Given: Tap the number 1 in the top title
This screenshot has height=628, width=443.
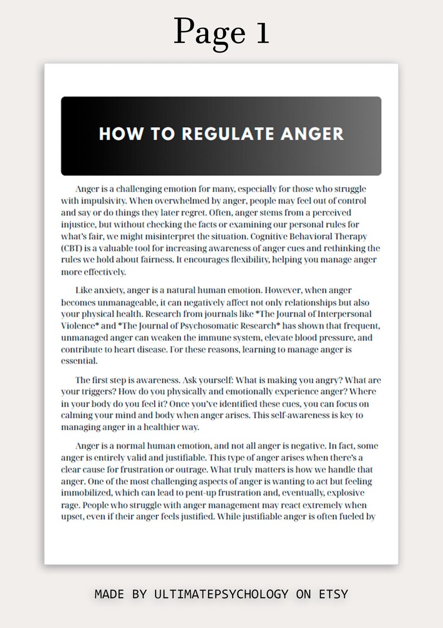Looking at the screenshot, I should (263, 32).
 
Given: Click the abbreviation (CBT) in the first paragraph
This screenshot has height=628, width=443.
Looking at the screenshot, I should (74, 248).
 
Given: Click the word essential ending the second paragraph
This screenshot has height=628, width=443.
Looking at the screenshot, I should (79, 361).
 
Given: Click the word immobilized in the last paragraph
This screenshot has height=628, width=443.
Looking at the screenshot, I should (88, 493).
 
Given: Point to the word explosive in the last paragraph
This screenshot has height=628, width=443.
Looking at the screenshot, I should (345, 493).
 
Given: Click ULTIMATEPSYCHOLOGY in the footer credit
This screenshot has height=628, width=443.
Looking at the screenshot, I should (222, 594).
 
